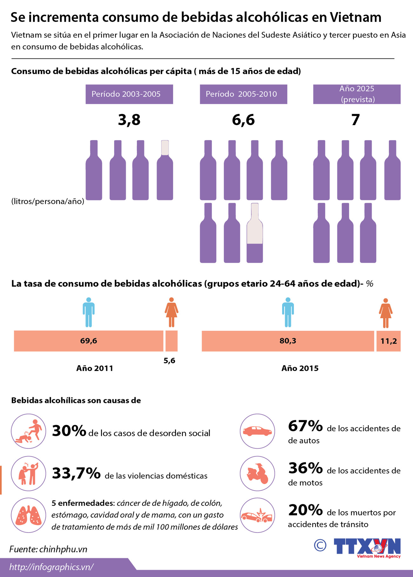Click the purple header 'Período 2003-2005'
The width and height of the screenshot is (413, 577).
click(129, 94)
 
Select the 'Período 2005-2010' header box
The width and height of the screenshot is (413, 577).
click(243, 94)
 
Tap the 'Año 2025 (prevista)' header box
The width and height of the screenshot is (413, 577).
click(357, 94)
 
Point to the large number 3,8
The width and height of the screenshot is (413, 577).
click(129, 120)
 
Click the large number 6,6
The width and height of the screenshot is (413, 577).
click(243, 120)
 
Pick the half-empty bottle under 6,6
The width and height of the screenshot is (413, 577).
click(255, 233)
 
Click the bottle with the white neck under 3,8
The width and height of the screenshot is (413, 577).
click(165, 170)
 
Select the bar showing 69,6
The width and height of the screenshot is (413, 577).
click(88, 341)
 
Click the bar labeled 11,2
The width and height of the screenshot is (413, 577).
click(389, 341)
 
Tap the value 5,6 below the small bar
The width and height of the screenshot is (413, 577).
click(169, 360)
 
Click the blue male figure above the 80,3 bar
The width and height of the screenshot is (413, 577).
click(288, 312)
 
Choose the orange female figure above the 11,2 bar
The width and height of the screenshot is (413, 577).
click(386, 313)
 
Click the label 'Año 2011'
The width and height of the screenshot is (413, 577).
click(95, 368)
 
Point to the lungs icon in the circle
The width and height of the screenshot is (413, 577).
click(29, 515)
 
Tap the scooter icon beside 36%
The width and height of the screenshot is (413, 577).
click(257, 473)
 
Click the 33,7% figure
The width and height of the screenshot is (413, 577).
click(76, 473)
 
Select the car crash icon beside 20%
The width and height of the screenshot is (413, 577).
click(257, 515)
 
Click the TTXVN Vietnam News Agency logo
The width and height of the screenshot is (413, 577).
click(367, 547)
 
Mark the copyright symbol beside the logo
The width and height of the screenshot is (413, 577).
click(320, 545)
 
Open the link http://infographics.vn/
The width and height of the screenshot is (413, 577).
click(51, 567)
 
